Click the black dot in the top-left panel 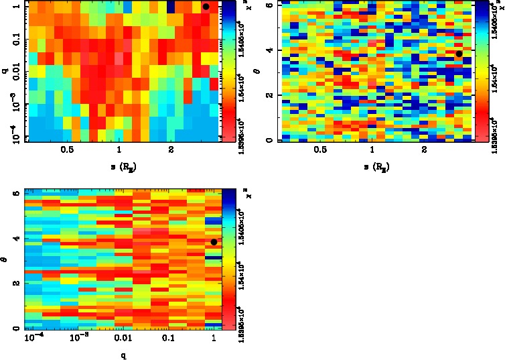pos(206,6)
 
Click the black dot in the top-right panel pos(459,54)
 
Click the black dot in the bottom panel pos(214,242)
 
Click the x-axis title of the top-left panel pos(119,165)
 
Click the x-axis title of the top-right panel pos(372,165)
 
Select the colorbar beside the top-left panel pos(228,70)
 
